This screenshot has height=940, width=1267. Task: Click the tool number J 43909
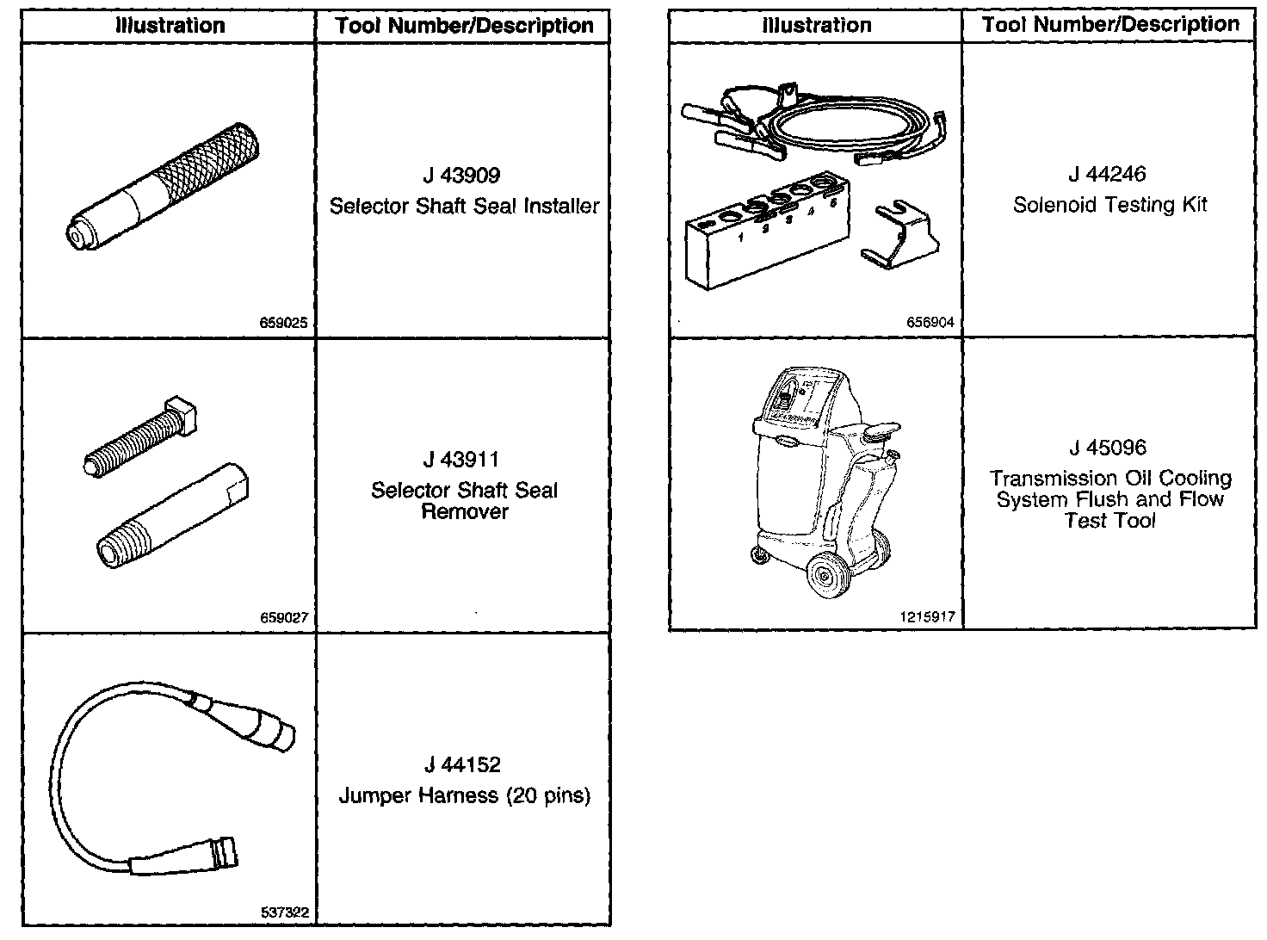pos(461,176)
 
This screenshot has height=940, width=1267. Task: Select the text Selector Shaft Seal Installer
pos(464,207)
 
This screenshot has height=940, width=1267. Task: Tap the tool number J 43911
pos(461,460)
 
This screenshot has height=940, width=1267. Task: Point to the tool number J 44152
pos(462,764)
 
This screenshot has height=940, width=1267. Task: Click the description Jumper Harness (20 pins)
pos(464,795)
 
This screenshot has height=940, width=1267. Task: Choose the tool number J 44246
pos(1108,174)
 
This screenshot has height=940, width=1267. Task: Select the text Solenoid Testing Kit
pos(1109,205)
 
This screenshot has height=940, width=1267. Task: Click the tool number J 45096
pos(1108,448)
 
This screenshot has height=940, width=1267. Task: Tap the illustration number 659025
pos(284,325)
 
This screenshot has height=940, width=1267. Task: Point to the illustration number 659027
pos(284,617)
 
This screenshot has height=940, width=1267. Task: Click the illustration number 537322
pos(284,913)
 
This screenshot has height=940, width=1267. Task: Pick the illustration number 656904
pos(930,323)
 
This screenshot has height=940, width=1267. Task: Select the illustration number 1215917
pos(927,616)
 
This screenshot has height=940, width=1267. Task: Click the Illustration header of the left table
pos(170,26)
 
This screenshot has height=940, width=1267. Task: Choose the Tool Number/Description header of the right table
pos(1110,25)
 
